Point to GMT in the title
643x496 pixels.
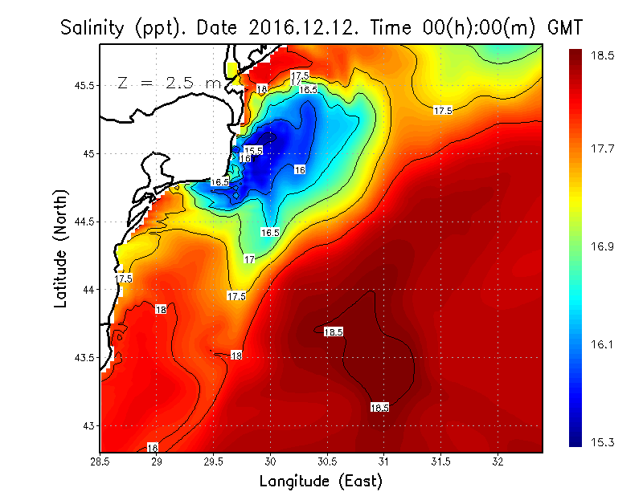(x=564, y=28)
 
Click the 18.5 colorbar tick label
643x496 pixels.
(x=604, y=58)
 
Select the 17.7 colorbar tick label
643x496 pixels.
(x=604, y=148)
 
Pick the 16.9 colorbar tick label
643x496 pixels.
(x=604, y=246)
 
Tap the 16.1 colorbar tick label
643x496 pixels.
(x=604, y=345)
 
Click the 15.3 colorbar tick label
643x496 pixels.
(x=604, y=442)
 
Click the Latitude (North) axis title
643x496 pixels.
(x=62, y=249)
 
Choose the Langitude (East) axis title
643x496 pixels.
(x=321, y=482)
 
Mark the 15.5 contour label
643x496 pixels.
(x=254, y=150)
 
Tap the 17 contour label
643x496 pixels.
(x=250, y=259)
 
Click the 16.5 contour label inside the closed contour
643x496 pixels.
(x=269, y=232)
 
